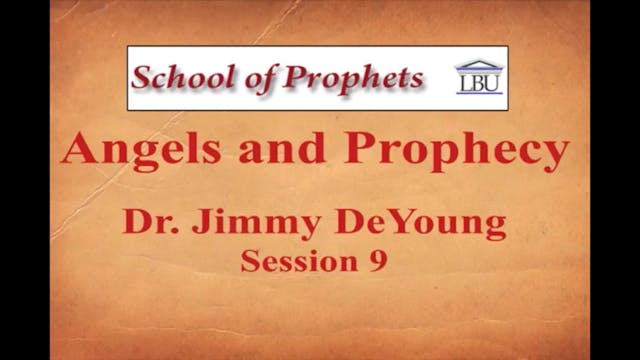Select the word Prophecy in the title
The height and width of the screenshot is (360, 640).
(456, 153)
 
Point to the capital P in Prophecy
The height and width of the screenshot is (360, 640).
(363, 150)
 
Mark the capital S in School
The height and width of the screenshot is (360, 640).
(144, 76)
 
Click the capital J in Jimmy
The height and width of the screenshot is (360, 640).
(198, 222)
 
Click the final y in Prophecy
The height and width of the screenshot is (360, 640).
(556, 157)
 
